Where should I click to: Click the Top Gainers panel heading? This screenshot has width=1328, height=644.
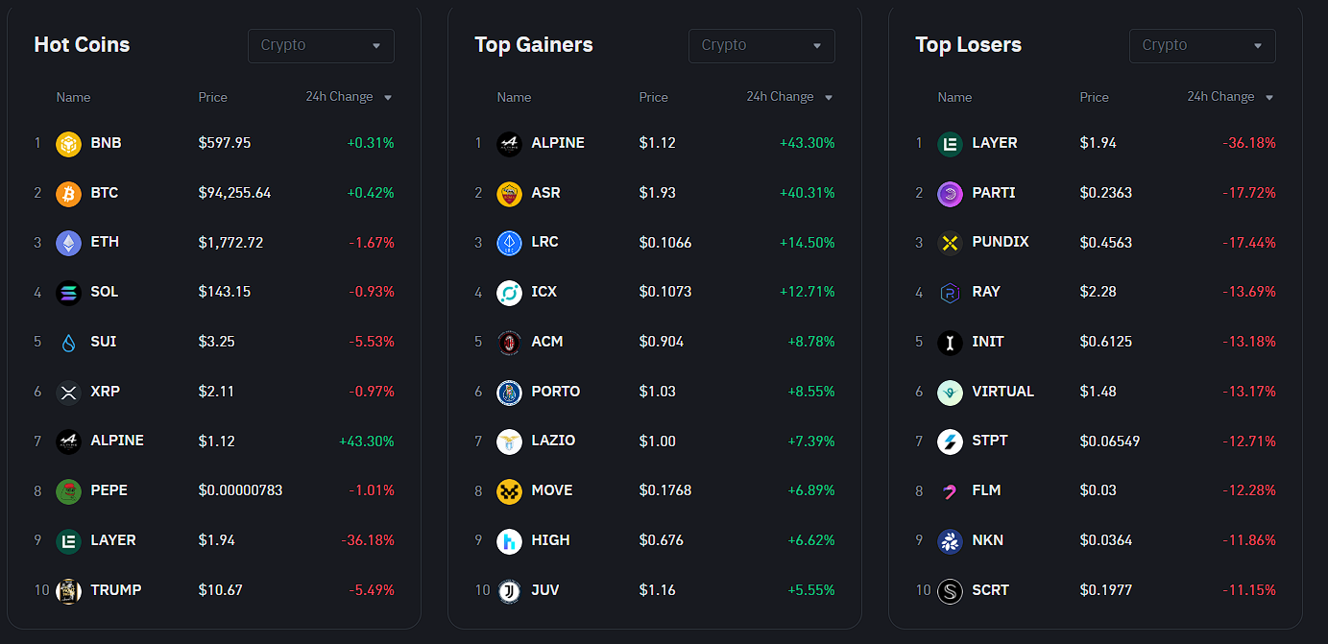pos(533,45)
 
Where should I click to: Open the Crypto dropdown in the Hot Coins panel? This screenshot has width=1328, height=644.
pos(321,45)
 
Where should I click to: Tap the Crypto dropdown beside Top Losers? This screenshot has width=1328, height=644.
pos(1201,45)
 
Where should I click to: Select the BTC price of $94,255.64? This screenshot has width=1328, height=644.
pos(234,193)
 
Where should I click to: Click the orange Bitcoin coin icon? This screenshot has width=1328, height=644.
pos(68,193)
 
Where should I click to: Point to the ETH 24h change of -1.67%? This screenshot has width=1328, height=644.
pos(372,243)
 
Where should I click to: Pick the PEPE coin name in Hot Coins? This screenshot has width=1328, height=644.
pos(109,490)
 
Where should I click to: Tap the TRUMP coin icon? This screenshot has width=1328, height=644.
pos(68,590)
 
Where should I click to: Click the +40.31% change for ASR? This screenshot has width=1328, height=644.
pos(807,193)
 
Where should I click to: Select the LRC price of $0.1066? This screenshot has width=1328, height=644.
pos(664,243)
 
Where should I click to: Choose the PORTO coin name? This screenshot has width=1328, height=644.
pos(555,392)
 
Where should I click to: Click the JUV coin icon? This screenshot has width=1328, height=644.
pos(509,590)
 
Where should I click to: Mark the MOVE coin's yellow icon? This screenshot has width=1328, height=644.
pos(509,491)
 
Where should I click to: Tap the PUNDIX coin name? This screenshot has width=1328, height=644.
pos(1000,242)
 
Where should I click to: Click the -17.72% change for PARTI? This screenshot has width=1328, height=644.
pos(1248,193)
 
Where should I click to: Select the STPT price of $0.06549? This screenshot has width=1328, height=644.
pos(1109,441)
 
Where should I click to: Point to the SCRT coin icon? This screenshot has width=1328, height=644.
pos(950,591)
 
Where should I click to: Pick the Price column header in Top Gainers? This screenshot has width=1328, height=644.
pos(653,97)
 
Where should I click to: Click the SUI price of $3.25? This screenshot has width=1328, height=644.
pos(216,342)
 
